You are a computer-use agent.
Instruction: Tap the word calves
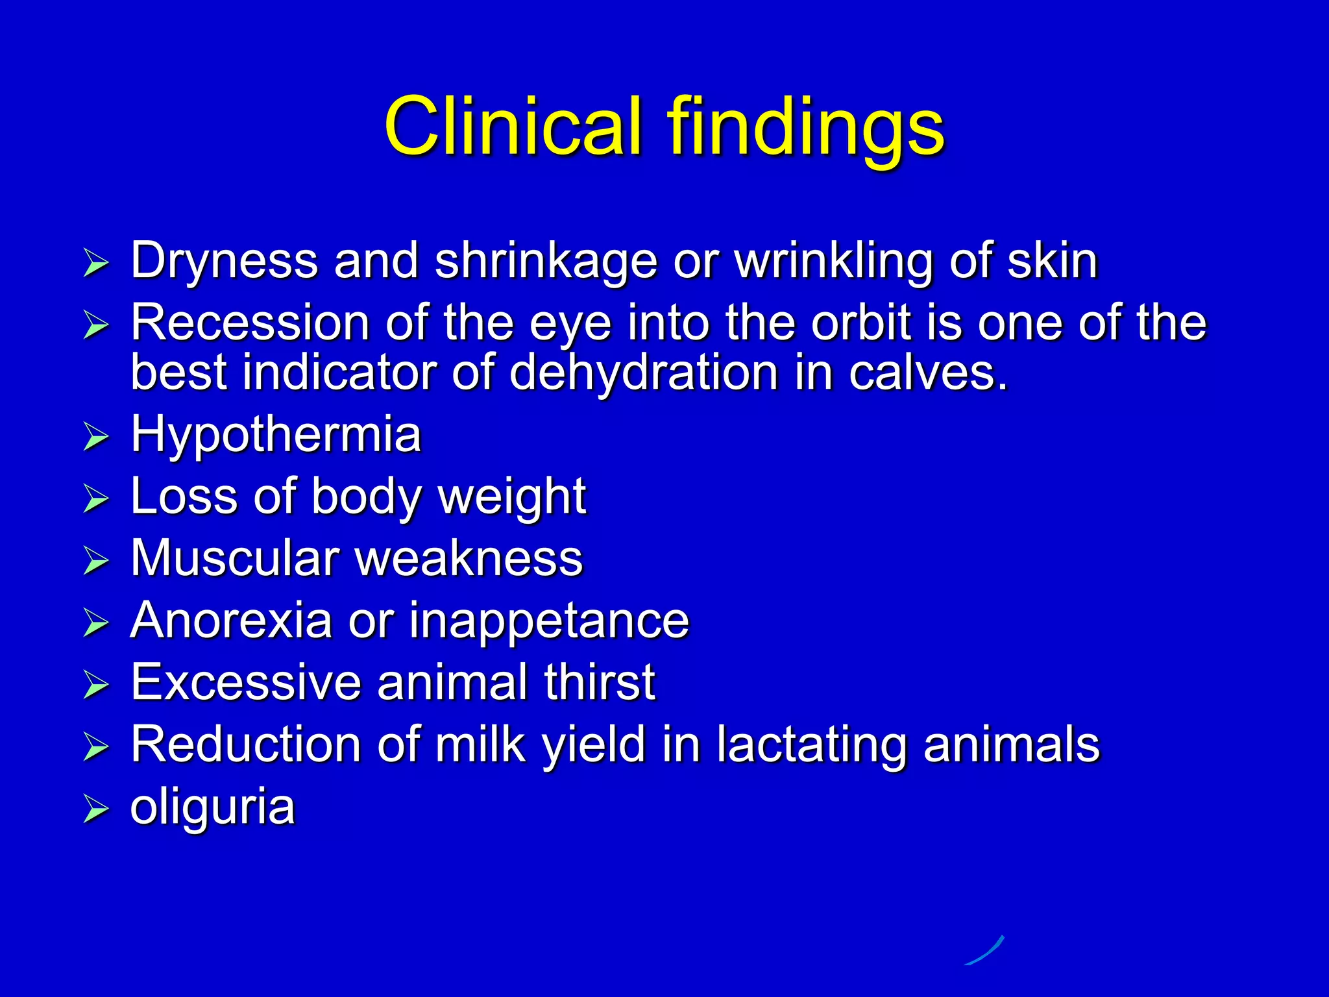[x=928, y=373]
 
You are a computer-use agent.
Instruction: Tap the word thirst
[x=600, y=682]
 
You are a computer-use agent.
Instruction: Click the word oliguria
[x=213, y=807]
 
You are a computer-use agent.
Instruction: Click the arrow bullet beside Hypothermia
[x=96, y=437]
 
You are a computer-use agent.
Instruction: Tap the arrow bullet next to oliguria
[x=96, y=809]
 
